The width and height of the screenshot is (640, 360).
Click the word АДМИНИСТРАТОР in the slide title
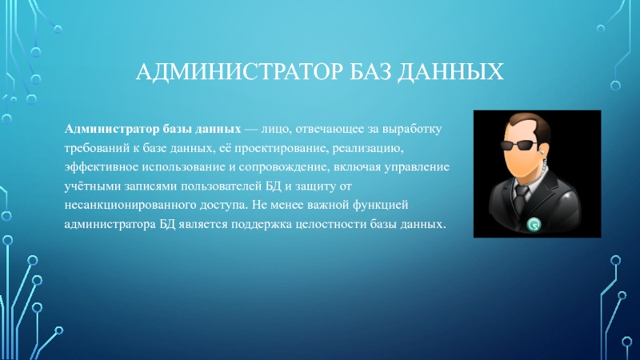(239, 72)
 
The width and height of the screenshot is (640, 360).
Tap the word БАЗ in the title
(370, 72)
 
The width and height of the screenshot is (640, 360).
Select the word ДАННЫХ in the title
(451, 72)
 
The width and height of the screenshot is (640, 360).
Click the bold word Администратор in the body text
(112, 130)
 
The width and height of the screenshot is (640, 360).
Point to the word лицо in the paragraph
(276, 130)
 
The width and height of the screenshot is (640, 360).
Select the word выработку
(412, 130)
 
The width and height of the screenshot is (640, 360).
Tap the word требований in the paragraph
(96, 148)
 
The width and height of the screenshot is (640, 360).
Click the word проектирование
(282, 148)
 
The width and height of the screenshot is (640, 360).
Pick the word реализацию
(368, 148)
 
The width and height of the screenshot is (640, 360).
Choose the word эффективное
(102, 167)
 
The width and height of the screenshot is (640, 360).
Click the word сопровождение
(284, 167)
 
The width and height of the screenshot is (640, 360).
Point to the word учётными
(92, 186)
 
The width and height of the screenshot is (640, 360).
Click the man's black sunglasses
(518, 145)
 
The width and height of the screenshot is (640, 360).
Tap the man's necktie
(520, 199)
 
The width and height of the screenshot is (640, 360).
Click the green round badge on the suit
(534, 225)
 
